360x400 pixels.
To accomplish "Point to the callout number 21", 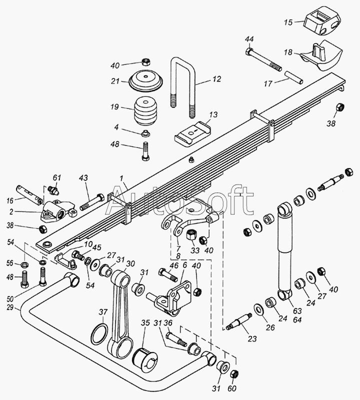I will [115, 81].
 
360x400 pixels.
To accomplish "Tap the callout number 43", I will [83, 178].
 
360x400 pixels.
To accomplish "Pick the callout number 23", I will [252, 339].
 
